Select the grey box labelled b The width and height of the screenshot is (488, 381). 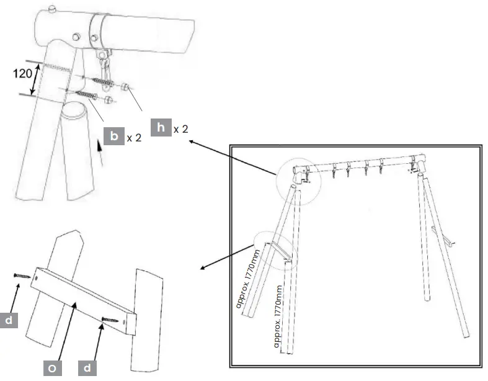(114, 137)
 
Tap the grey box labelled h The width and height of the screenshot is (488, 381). (161, 128)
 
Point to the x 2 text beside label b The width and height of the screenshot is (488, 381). (133, 137)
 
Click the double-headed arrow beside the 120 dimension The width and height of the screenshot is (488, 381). (35, 78)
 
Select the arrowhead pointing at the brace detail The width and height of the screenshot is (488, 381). (200, 269)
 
